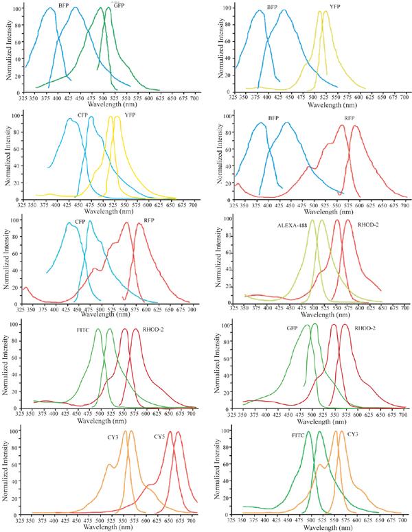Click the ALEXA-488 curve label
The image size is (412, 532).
tap(291, 225)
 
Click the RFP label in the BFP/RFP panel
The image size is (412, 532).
tap(350, 117)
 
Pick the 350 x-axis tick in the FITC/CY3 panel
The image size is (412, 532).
tap(241, 520)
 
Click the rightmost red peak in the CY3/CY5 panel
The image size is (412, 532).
tap(179, 432)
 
